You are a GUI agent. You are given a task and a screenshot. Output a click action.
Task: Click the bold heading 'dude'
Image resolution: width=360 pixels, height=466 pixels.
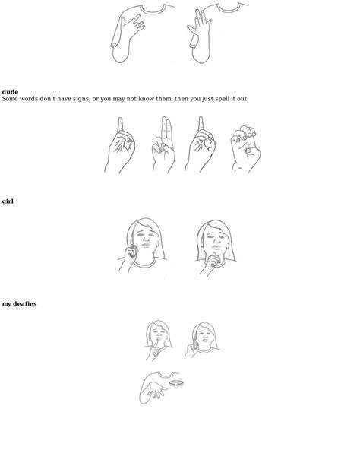(10, 92)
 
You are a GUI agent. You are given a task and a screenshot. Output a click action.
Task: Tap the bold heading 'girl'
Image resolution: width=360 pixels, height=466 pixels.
(8, 201)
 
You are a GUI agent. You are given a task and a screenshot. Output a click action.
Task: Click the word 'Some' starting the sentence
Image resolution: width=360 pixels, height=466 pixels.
(11, 99)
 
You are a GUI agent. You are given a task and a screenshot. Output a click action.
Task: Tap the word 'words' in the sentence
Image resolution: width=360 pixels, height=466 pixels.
(33, 99)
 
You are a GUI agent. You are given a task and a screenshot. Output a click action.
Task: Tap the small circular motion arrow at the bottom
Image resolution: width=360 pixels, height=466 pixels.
(174, 384)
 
